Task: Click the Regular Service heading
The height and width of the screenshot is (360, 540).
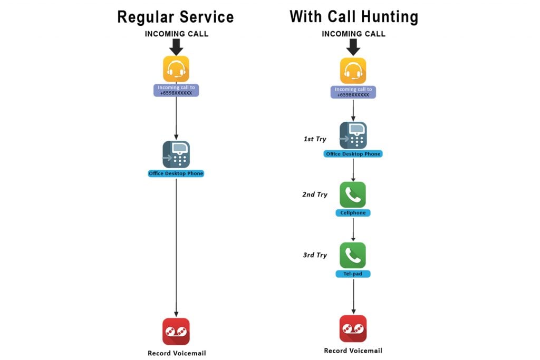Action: click(x=176, y=16)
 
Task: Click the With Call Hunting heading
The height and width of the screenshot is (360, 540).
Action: click(x=353, y=16)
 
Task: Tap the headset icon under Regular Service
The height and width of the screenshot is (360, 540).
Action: click(x=176, y=69)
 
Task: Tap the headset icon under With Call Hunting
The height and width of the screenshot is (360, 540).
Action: click(x=353, y=71)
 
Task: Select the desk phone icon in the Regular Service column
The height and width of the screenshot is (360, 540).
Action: click(x=176, y=154)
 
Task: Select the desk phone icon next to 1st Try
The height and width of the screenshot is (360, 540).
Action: click(x=353, y=135)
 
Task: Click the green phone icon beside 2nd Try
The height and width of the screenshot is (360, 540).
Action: click(x=353, y=194)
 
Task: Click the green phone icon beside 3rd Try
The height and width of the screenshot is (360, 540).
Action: click(x=353, y=255)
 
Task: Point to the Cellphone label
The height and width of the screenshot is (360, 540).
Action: click(x=353, y=213)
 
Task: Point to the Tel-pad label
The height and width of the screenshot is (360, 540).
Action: click(x=353, y=274)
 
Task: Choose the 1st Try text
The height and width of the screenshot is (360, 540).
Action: click(x=315, y=139)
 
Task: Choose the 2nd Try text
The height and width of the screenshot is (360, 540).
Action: click(x=315, y=194)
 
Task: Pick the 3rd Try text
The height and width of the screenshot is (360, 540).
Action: click(x=315, y=255)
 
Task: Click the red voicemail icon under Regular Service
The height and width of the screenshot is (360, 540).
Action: click(x=176, y=332)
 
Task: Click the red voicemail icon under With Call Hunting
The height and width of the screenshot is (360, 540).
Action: click(x=353, y=329)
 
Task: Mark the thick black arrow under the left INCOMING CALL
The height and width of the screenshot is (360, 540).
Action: click(x=176, y=47)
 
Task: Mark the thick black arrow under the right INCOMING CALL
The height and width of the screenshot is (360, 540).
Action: click(x=353, y=47)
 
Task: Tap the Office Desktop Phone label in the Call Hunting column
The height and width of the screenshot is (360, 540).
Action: click(x=353, y=154)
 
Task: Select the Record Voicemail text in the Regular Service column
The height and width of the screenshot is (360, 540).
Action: click(x=176, y=353)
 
